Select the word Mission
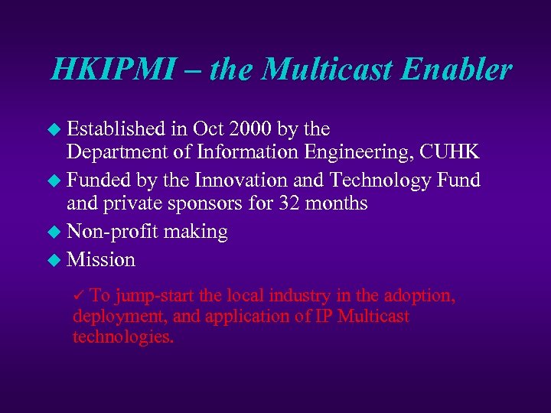click(x=101, y=259)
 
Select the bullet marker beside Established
click(x=53, y=129)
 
